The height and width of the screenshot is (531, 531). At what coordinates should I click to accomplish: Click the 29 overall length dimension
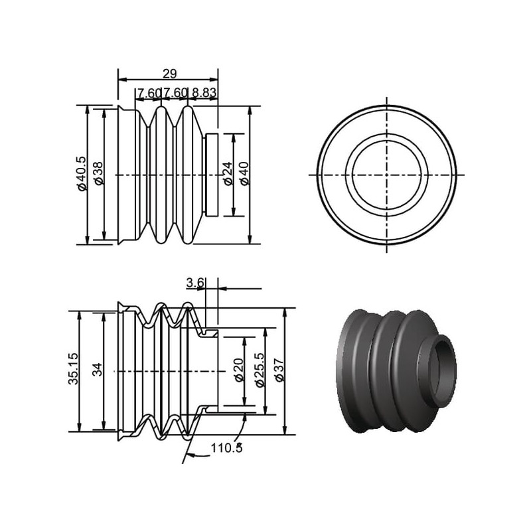tap(170, 74)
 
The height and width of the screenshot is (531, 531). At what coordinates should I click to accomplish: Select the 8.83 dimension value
tap(204, 92)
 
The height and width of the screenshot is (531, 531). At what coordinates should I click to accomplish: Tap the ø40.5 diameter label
tap(82, 174)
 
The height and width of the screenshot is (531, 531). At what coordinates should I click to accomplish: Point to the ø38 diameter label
tap(99, 173)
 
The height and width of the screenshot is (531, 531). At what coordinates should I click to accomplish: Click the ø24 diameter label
tap(228, 174)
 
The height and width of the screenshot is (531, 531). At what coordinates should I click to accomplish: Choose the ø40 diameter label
tap(244, 174)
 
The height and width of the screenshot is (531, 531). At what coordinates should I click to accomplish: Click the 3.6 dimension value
tap(195, 283)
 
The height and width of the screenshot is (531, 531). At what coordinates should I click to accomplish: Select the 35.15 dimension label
tap(74, 369)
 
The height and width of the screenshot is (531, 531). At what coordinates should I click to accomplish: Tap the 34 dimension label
tap(98, 370)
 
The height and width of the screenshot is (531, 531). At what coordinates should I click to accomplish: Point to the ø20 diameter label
tap(239, 370)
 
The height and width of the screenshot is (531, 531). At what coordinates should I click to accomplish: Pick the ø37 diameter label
tap(279, 370)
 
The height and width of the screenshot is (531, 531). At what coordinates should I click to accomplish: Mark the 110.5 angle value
tap(226, 447)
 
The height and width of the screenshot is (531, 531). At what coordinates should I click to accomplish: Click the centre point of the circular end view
tap(387, 175)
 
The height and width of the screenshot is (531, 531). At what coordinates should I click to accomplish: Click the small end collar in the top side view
tap(212, 175)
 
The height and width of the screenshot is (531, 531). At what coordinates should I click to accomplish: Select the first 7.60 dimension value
tap(147, 92)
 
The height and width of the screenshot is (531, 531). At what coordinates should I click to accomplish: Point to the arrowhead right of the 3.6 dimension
tap(222, 289)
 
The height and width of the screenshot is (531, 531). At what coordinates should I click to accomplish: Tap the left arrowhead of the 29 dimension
tap(122, 80)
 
